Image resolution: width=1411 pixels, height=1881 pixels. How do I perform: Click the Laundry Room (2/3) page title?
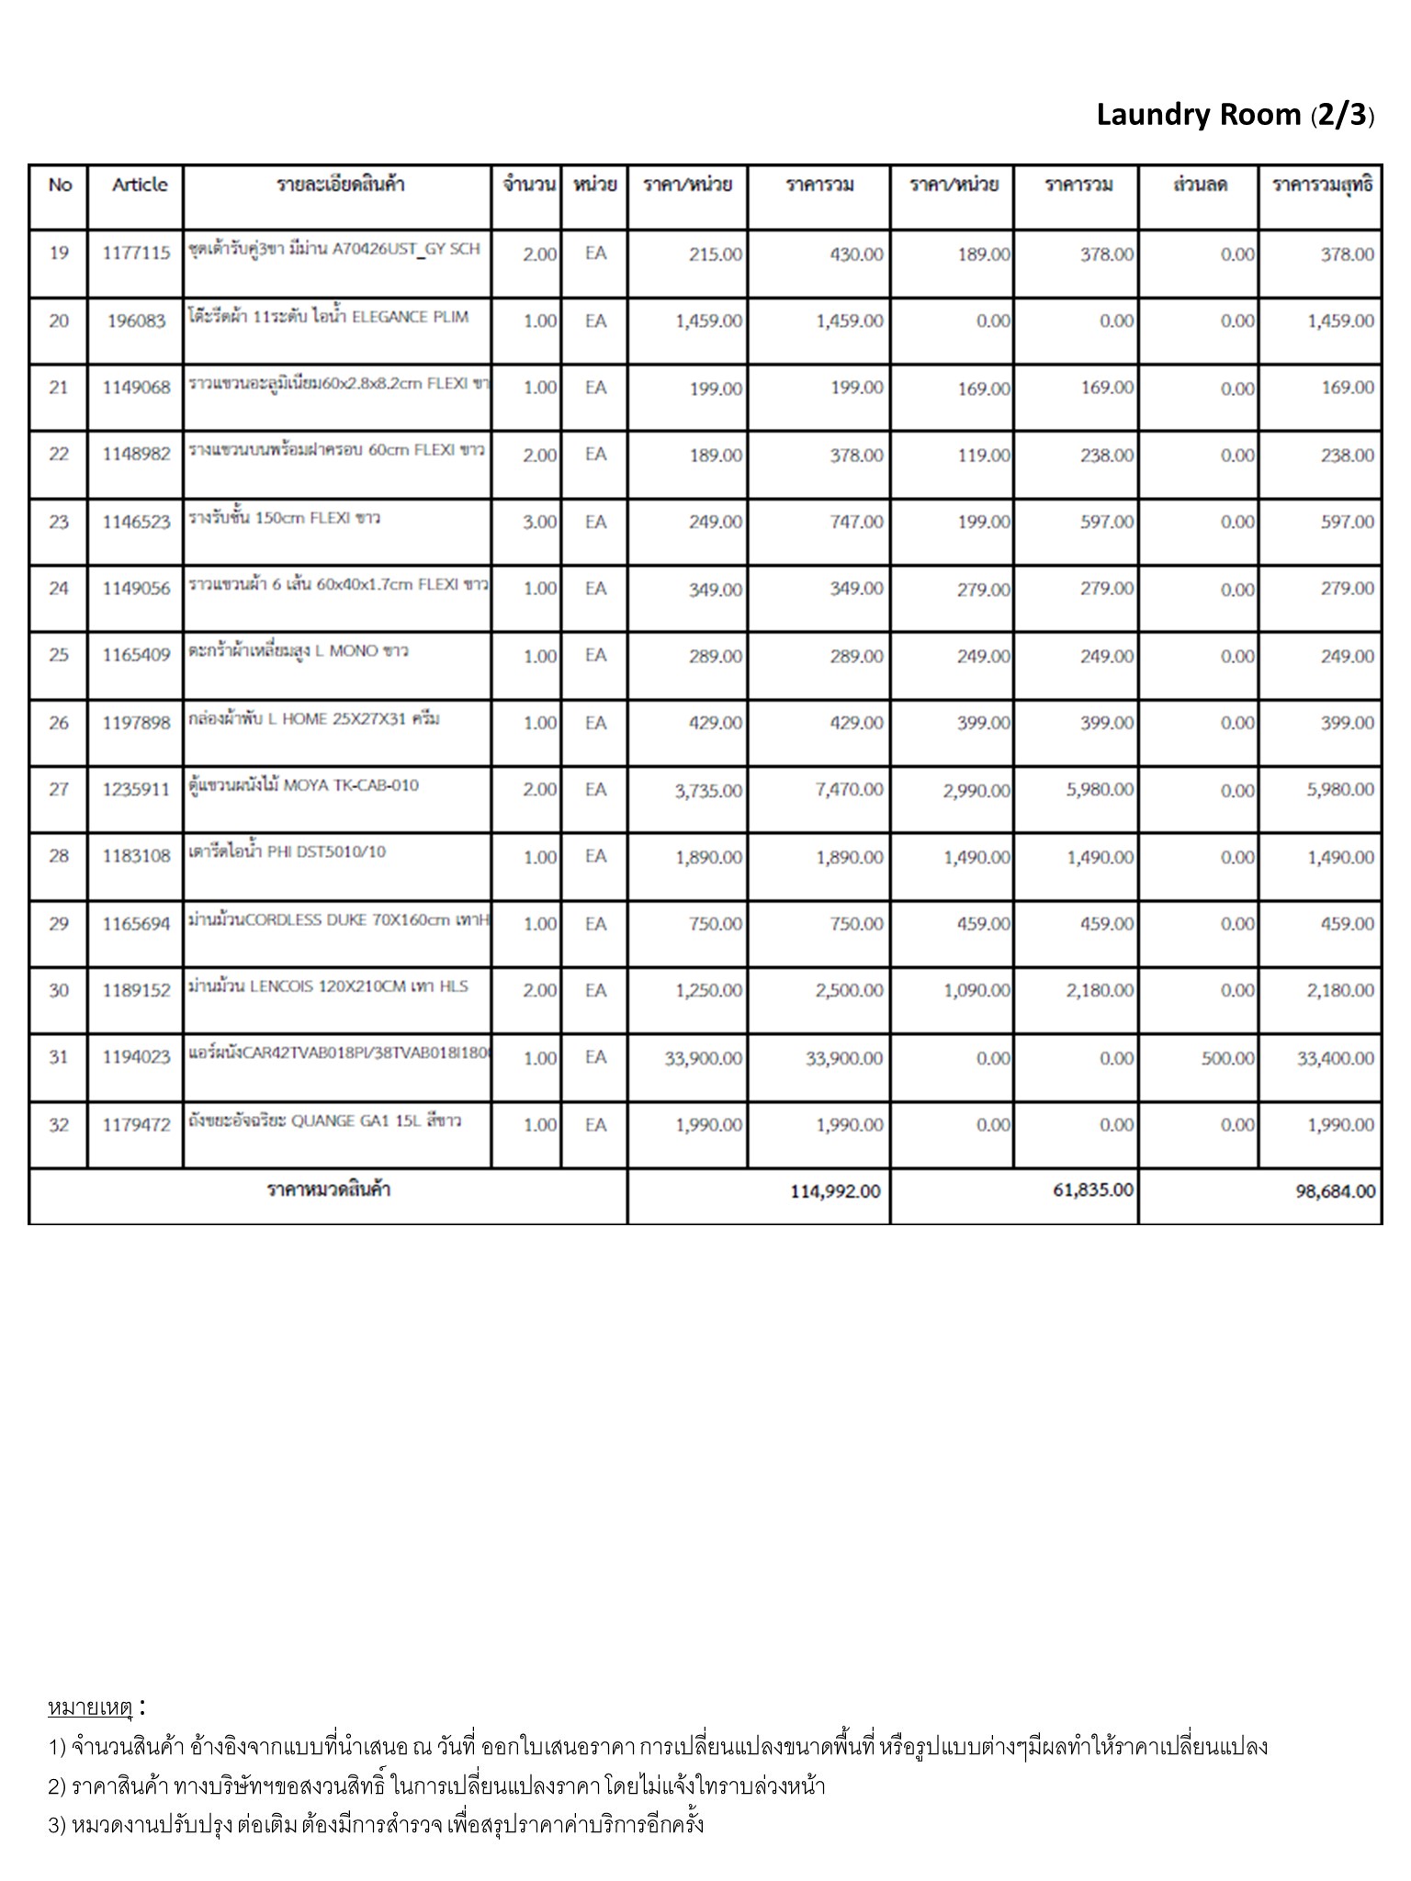click(x=1235, y=116)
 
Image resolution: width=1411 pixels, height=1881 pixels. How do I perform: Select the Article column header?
click(x=140, y=185)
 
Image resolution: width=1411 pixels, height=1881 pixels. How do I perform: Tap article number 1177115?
click(x=136, y=253)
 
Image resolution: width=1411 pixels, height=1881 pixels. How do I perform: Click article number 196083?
click(x=136, y=321)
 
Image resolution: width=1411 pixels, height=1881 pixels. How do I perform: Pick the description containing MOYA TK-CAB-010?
click(x=304, y=786)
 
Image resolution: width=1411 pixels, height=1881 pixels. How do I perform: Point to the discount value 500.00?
click(x=1227, y=1058)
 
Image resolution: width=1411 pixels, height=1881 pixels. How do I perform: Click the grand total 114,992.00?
click(x=834, y=1191)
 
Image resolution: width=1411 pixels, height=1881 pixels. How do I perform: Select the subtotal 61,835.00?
click(x=1092, y=1190)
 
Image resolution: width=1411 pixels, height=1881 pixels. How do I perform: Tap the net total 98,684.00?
click(x=1335, y=1191)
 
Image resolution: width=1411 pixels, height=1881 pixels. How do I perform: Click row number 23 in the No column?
click(x=59, y=522)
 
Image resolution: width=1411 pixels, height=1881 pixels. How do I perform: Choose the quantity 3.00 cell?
click(x=539, y=522)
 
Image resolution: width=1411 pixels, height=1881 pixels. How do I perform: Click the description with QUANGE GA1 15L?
click(x=324, y=1121)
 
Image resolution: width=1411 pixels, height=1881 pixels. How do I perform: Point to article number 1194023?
click(x=136, y=1057)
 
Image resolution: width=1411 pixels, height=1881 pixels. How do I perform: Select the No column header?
click(x=60, y=185)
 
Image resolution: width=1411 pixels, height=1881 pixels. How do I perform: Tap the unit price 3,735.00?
click(x=708, y=791)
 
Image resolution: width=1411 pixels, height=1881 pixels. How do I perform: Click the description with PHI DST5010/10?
click(x=288, y=852)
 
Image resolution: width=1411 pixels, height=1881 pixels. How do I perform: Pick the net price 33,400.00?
click(x=1335, y=1058)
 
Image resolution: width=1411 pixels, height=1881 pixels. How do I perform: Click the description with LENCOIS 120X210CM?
click(x=328, y=986)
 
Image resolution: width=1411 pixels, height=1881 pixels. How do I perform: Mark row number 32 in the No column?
click(x=59, y=1125)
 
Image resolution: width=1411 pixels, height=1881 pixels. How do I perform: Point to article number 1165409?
click(x=136, y=656)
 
